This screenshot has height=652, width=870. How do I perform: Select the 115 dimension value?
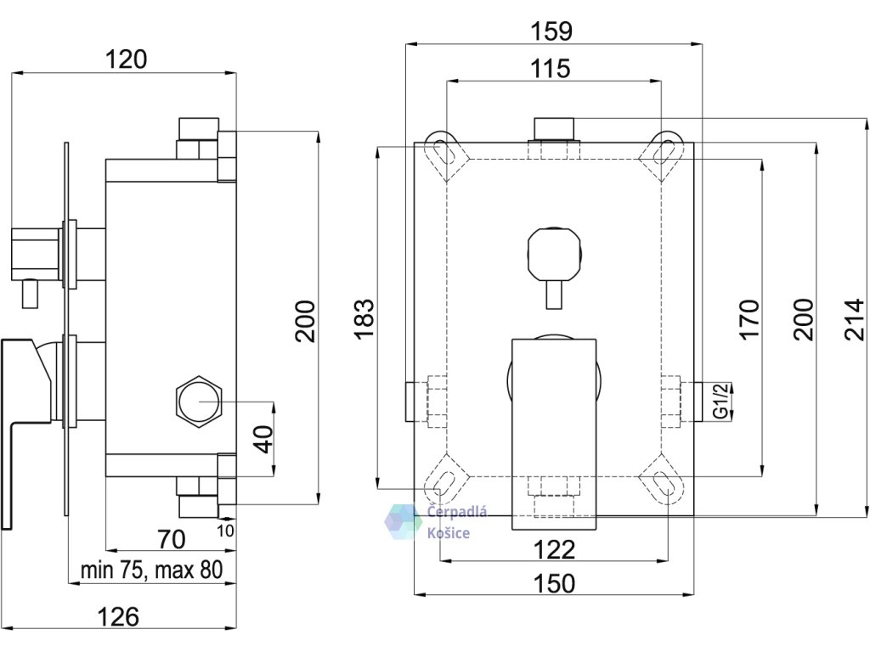(551, 69)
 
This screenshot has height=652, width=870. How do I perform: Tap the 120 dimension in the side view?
(127, 59)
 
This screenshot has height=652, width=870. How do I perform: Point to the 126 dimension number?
(118, 616)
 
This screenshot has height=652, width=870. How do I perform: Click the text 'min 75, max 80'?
(152, 570)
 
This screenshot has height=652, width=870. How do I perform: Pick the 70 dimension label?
(171, 539)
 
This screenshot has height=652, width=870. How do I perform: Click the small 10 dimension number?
(225, 531)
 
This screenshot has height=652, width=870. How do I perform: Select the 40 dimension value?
(266, 439)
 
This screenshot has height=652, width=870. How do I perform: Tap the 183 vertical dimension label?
(365, 319)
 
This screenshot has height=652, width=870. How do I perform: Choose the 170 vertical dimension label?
(749, 319)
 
